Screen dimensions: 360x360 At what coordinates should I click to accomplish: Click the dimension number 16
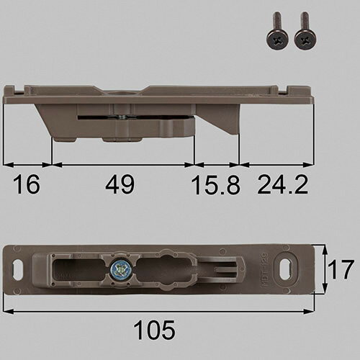click(x=26, y=186)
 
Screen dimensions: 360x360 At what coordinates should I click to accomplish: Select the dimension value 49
click(x=120, y=186)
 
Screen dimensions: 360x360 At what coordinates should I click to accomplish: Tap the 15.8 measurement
click(x=214, y=186)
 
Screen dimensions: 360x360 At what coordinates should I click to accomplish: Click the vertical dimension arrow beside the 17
click(x=324, y=270)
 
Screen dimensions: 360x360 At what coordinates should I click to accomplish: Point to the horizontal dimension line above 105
click(x=158, y=311)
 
